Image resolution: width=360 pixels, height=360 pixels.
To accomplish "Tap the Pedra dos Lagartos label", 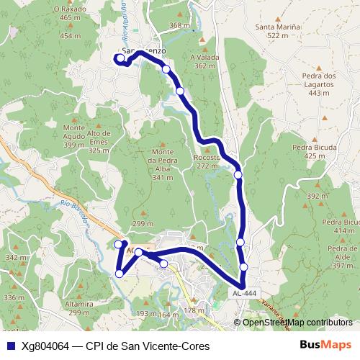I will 320,84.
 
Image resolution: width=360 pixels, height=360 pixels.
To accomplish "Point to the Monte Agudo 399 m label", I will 73,137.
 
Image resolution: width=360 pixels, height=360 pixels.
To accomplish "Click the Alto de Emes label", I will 98,137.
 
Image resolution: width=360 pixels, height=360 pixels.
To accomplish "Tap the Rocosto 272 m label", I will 207,161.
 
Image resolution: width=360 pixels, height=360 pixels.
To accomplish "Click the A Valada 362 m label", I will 204,60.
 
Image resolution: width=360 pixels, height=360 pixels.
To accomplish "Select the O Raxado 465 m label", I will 71,13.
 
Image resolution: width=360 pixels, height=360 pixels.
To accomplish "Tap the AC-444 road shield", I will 244,294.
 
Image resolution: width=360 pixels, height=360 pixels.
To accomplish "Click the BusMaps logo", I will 325,345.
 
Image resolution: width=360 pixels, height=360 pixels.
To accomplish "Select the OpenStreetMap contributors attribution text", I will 297,322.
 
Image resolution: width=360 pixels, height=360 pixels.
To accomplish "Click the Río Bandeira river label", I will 77,215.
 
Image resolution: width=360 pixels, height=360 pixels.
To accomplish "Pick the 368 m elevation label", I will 179,26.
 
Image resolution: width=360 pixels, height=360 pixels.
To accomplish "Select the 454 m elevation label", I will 71,35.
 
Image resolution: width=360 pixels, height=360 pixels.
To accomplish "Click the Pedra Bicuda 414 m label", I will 340,226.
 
